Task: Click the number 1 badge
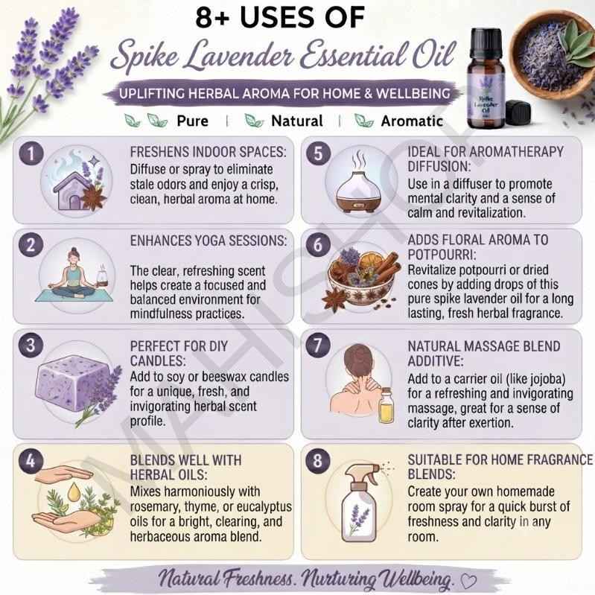point(31,153)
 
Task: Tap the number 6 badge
point(318,245)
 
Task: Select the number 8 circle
point(318,461)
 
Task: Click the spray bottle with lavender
point(361,502)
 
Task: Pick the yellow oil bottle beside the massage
point(386,405)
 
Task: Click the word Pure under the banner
point(192,121)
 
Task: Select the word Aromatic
point(412,121)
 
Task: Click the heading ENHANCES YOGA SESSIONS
point(209,241)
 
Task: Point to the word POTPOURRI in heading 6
point(442,255)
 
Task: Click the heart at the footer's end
point(468,580)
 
